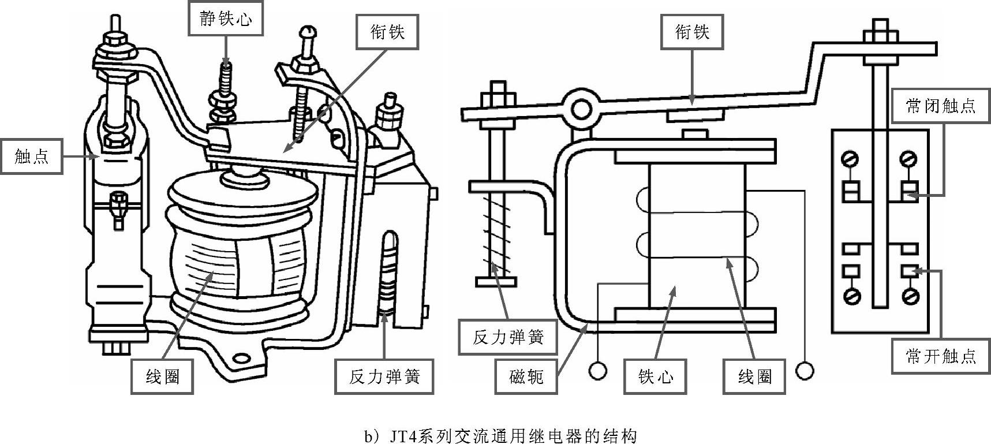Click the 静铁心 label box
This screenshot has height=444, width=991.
[x=225, y=19]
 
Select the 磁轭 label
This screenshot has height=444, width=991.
[x=526, y=377]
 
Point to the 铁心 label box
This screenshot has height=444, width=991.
[x=656, y=377]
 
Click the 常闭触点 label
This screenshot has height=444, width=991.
[x=940, y=106]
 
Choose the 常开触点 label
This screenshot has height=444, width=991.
[x=940, y=357]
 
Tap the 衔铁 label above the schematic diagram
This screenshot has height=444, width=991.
[x=692, y=32]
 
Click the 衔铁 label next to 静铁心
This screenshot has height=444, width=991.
[x=387, y=32]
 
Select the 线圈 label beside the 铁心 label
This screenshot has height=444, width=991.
[x=754, y=377]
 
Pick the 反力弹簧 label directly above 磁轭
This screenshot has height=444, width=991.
[x=508, y=337]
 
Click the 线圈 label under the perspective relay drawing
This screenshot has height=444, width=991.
[x=162, y=377]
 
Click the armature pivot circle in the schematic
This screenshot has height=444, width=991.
[x=581, y=107]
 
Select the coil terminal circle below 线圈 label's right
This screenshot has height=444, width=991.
[x=804, y=370]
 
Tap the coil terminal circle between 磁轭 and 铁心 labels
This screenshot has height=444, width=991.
[x=598, y=370]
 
